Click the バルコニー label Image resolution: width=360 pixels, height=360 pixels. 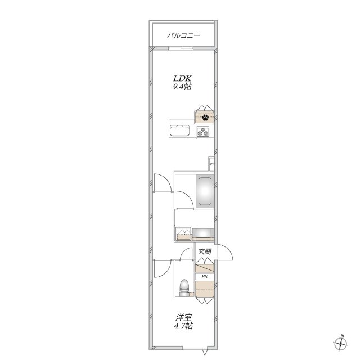point(183,35)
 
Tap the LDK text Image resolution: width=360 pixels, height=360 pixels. point(182,79)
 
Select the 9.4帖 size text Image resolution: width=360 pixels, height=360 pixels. point(182,87)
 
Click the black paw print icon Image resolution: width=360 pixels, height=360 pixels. point(205,118)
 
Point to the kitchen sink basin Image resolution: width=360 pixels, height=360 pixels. point(179,131)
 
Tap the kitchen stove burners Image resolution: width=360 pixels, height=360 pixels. point(203,131)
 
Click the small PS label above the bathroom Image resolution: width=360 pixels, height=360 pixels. point(211,164)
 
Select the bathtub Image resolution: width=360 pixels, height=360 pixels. point(205,191)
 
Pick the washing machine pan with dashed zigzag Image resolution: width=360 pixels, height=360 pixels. point(183,233)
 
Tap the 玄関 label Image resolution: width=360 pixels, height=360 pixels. point(205,251)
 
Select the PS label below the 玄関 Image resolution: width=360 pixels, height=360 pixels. point(204,277)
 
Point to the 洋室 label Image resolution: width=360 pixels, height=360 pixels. point(184,318)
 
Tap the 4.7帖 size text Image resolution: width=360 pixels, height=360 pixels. point(183,326)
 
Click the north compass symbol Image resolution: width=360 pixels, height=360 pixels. point(341,344)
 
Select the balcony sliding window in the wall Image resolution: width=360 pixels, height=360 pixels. point(181,48)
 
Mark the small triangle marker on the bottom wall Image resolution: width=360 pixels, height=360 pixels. point(205,352)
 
